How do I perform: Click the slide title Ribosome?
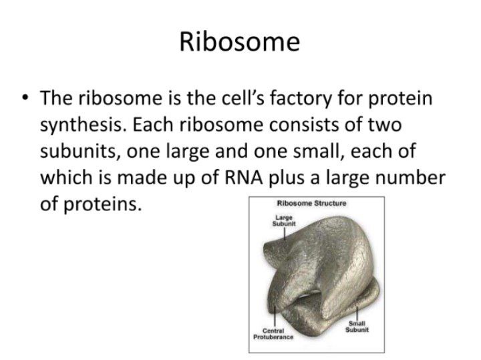240,41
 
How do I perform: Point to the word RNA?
244,178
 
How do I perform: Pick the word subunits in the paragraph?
80,151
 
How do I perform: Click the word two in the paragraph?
385,125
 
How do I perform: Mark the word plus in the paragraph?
289,178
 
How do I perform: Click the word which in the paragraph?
66,178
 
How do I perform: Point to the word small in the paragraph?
318,151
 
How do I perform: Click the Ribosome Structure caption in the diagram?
312,203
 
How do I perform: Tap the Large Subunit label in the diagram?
284,221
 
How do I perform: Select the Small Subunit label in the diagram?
357,327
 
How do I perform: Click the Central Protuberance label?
273,334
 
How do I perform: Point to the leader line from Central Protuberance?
275,316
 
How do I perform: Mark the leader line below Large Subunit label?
285,234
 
